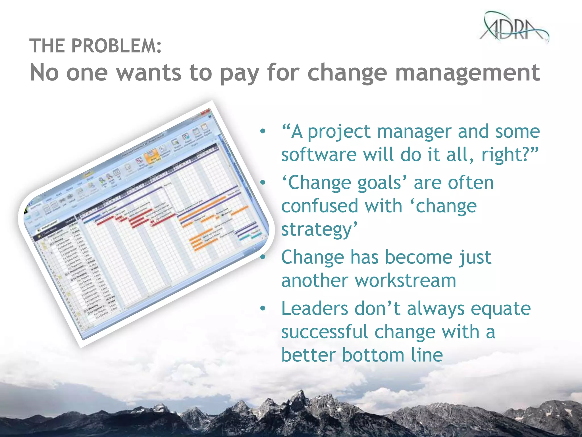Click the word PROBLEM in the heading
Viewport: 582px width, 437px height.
tap(117, 46)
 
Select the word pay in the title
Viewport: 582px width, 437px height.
tap(239, 73)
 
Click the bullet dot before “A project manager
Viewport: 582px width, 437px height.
tap(263, 131)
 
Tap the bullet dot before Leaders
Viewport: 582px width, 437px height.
tap(263, 308)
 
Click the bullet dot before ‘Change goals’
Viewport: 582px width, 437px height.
tap(263, 182)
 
